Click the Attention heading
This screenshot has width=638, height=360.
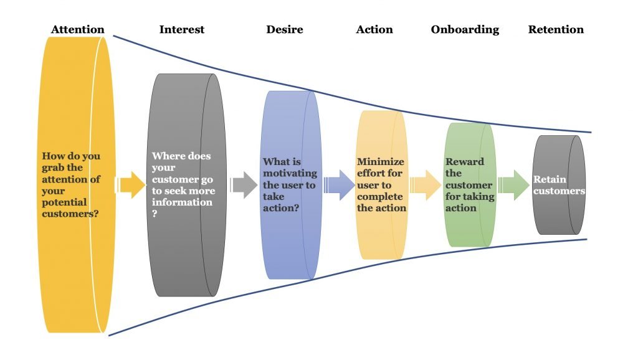pyautogui.click(x=78, y=30)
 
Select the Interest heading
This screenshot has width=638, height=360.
pyautogui.click(x=182, y=29)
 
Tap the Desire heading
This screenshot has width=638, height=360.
pyautogui.click(x=285, y=29)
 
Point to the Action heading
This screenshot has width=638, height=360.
pyautogui.click(x=374, y=29)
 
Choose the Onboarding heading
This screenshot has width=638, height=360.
pyautogui.click(x=465, y=30)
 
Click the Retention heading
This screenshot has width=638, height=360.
pyautogui.click(x=556, y=29)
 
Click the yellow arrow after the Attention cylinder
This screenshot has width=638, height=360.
pyautogui.click(x=130, y=185)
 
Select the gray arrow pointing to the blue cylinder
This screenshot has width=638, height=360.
pyautogui.click(x=244, y=185)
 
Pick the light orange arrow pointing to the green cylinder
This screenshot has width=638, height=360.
pyautogui.click(x=426, y=185)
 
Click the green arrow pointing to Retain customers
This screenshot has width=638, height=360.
pyautogui.click(x=514, y=185)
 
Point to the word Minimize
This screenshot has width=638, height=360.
pyautogui.click(x=381, y=161)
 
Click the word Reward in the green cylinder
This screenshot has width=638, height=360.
pyautogui.click(x=465, y=161)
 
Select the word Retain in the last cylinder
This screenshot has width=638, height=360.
pyautogui.click(x=550, y=179)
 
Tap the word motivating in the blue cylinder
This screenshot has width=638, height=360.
pyautogui.click(x=290, y=174)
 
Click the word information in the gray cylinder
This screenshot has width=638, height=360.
pyautogui.click(x=182, y=202)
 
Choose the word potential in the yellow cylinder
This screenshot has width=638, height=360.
pyautogui.click(x=64, y=203)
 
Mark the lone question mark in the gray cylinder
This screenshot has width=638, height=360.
pyautogui.click(x=155, y=214)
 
